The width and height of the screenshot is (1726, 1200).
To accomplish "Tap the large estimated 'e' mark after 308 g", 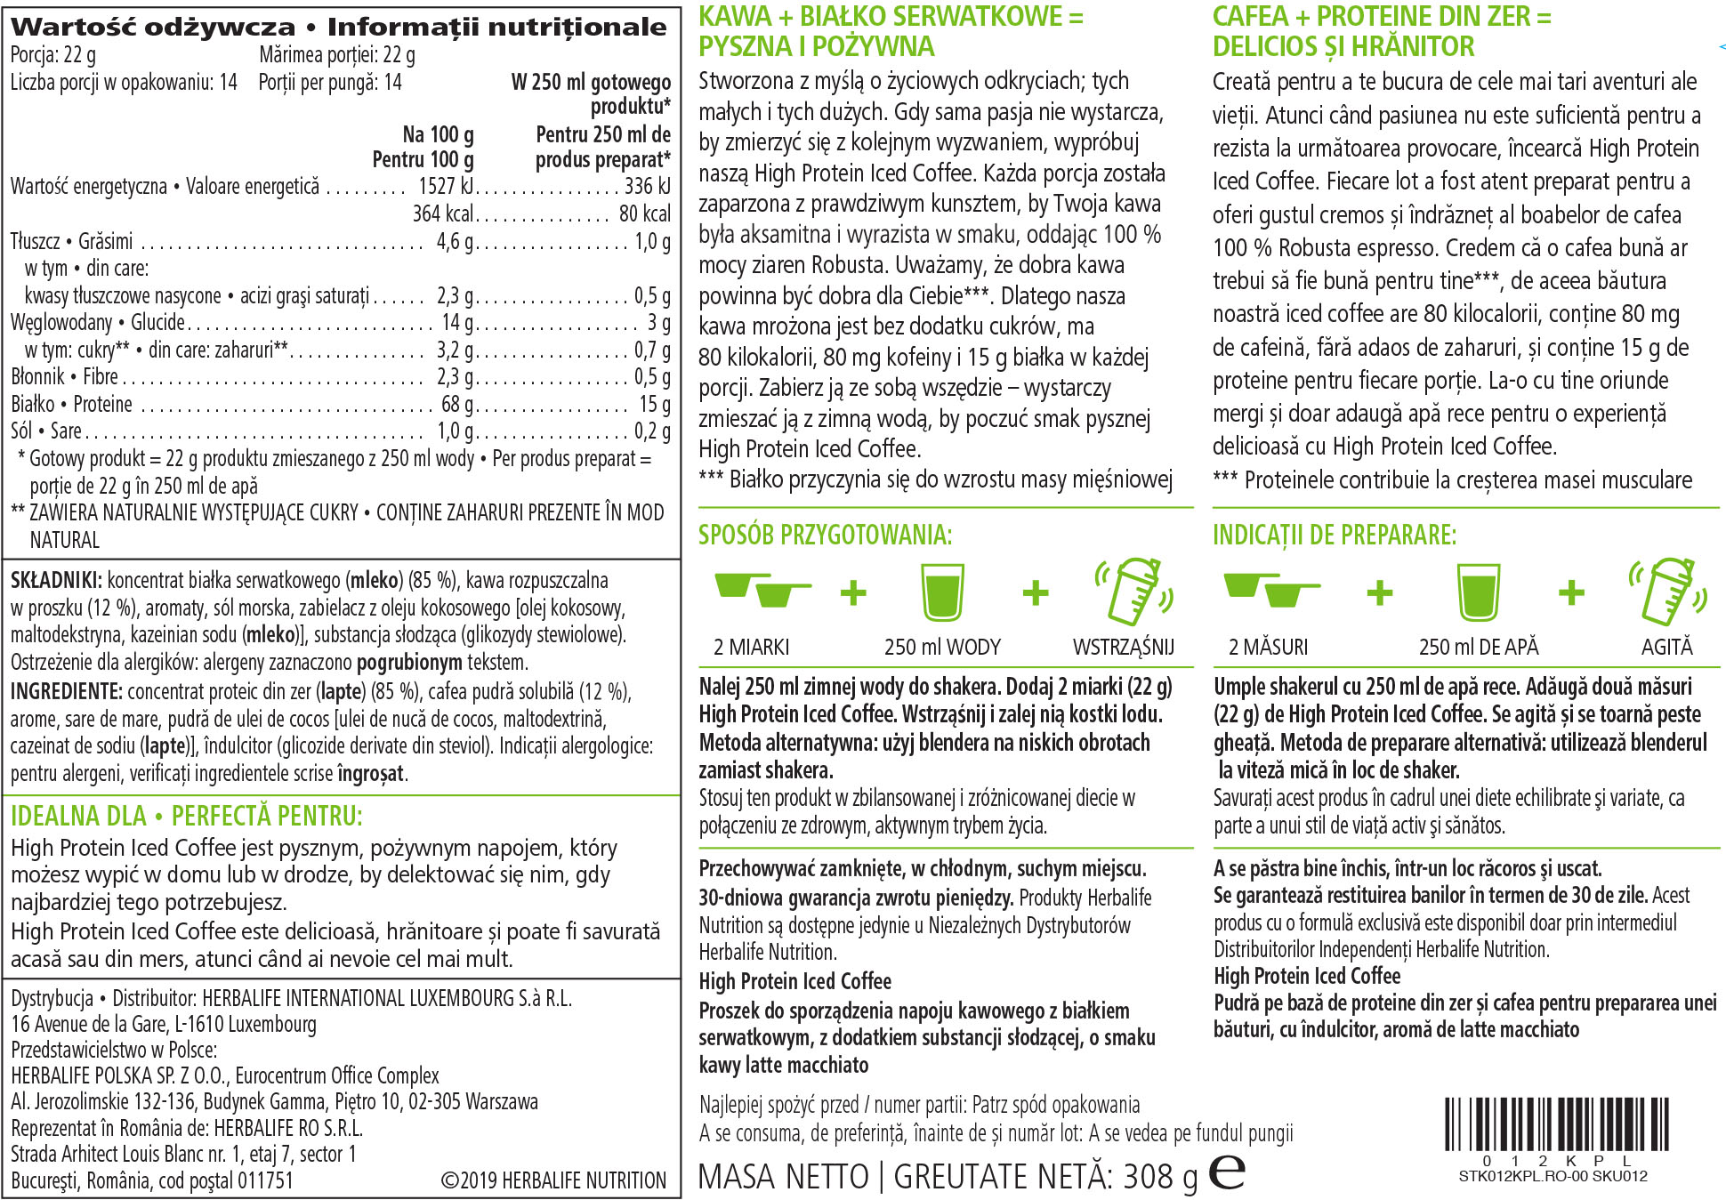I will point(1228,1172).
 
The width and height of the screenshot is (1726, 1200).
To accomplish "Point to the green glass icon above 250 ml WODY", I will point(942,592).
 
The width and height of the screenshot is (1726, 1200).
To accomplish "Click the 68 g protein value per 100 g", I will point(457,404).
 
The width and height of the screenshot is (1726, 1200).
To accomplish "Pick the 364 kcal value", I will point(443,213).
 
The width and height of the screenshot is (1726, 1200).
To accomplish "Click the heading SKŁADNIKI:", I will point(56,581).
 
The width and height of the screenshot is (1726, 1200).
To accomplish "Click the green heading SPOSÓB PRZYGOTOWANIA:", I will point(825,535).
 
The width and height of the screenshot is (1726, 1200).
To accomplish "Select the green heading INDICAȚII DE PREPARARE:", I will point(1335,535).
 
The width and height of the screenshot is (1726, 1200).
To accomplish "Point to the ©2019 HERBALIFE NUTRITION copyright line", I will point(553,1180).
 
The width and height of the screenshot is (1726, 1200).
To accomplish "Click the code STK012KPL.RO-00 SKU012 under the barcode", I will point(1553,1176).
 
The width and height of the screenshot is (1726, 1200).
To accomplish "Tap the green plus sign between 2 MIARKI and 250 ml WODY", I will point(853,592).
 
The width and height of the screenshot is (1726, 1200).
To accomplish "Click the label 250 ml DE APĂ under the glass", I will point(1478,647).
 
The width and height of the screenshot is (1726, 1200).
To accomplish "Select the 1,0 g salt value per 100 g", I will point(455,431).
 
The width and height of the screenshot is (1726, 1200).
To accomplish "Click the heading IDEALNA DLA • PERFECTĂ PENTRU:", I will point(187,816).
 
